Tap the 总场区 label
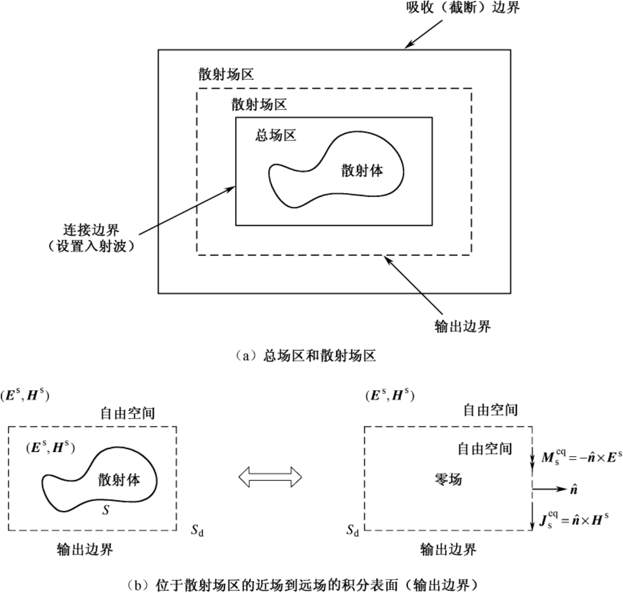point(276,135)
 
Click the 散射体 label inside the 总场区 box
point(362,170)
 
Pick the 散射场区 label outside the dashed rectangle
point(226,75)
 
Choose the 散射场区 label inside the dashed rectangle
point(259,105)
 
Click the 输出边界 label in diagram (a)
point(463,326)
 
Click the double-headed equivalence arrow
point(271,477)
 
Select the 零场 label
point(448,479)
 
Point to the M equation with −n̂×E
point(581,457)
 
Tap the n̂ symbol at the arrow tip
point(574,489)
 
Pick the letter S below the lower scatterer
point(106,510)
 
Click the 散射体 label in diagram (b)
point(119,480)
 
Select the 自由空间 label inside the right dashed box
point(485,448)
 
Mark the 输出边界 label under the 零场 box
point(448,549)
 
